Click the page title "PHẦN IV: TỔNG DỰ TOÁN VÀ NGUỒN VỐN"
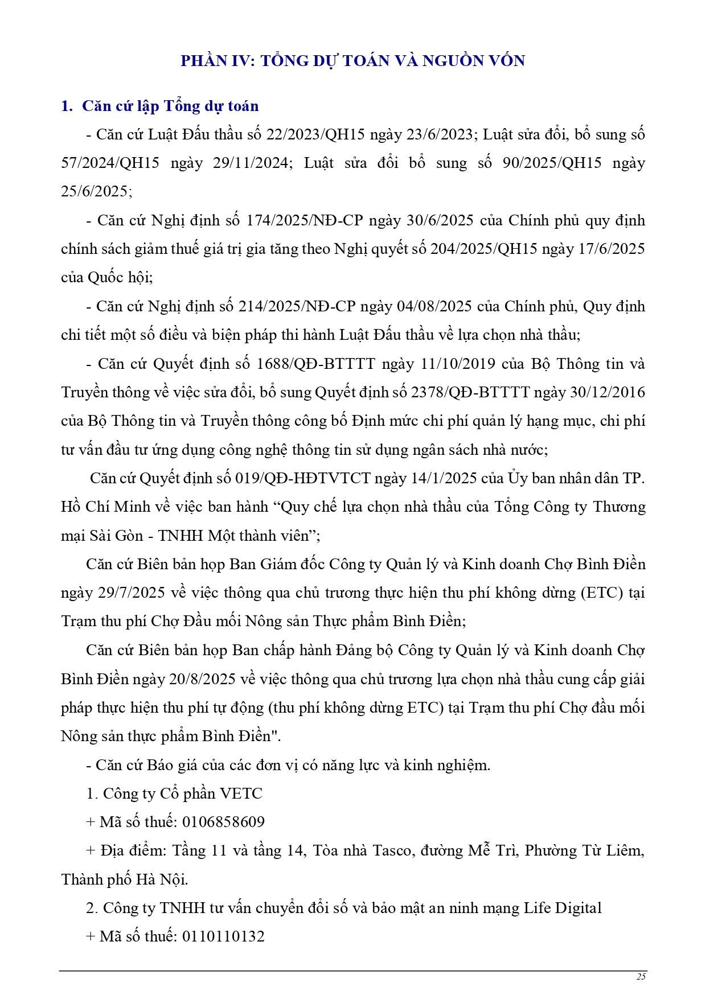click(352, 61)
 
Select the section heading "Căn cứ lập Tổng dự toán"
click(170, 106)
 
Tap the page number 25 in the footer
click(641, 977)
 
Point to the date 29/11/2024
click(251, 163)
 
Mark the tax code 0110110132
click(223, 937)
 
